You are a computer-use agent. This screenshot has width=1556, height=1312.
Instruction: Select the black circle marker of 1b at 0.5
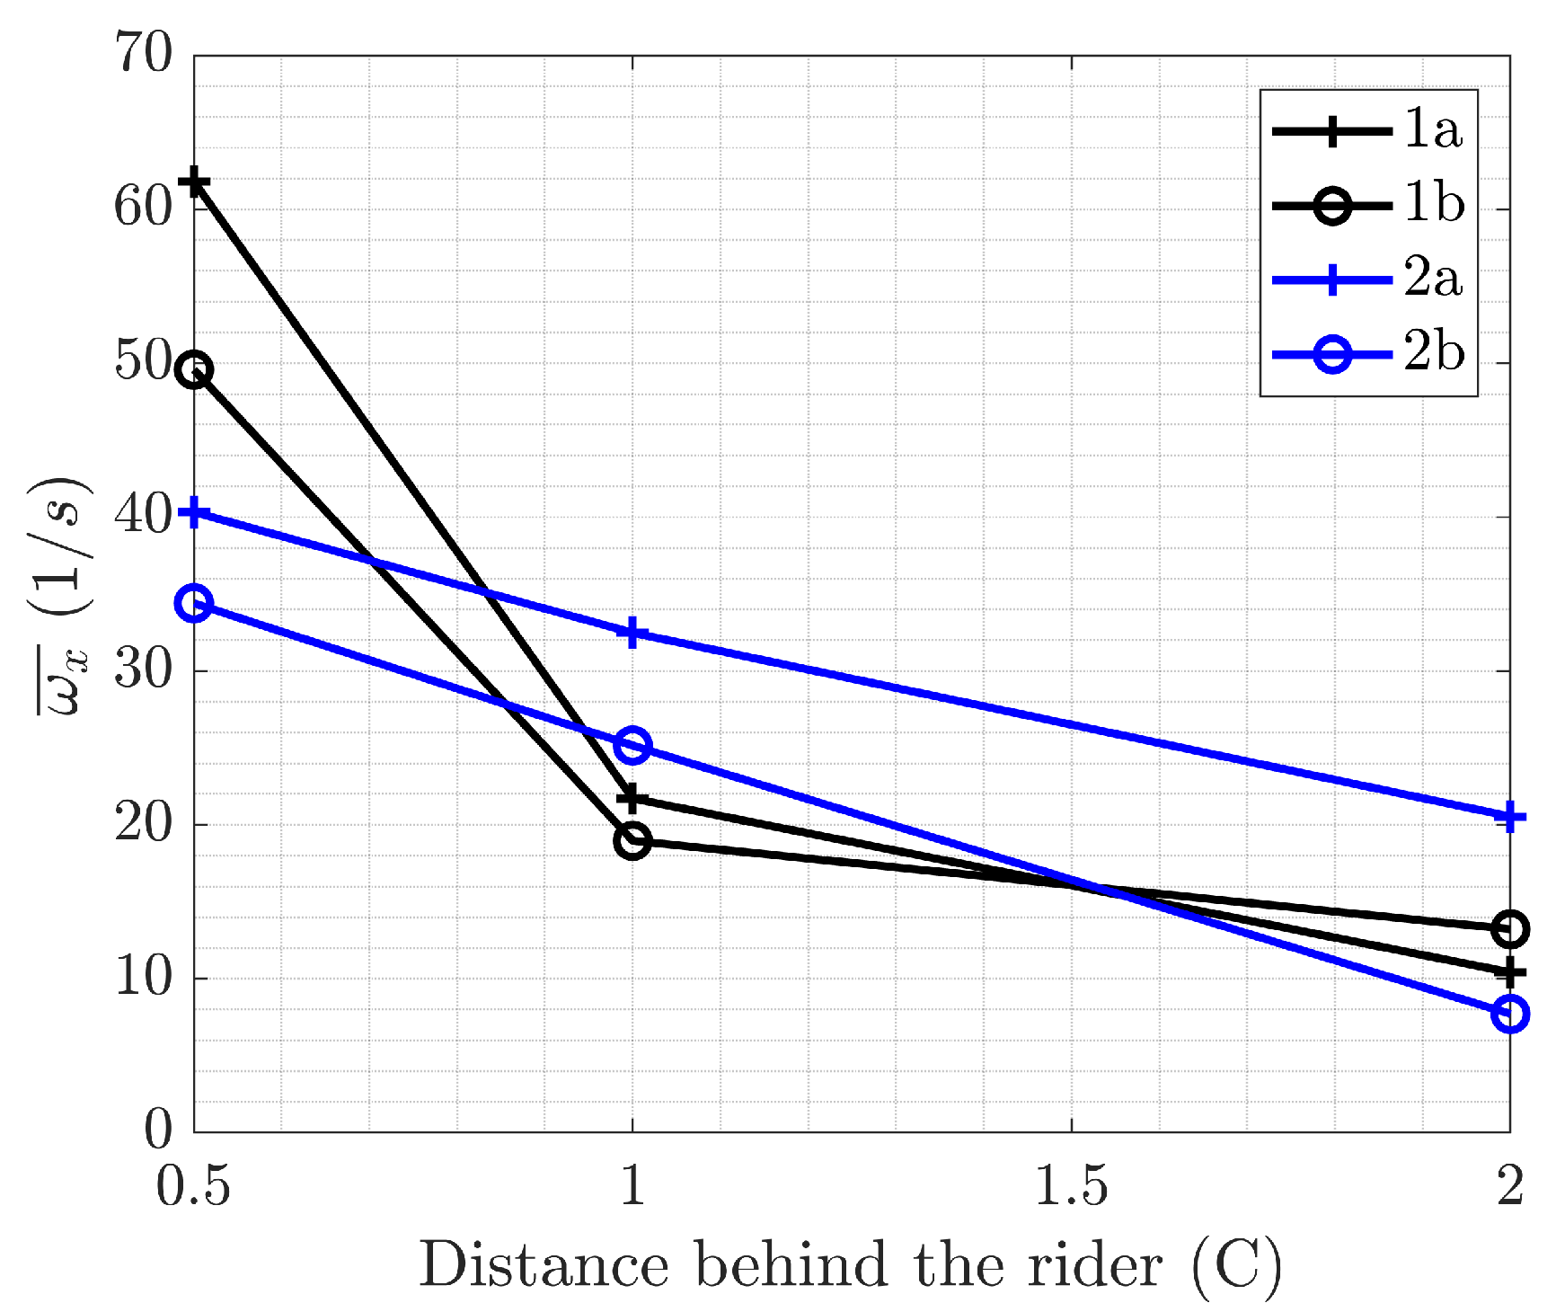click(194, 370)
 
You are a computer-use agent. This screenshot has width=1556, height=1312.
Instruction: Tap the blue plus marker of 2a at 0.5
click(194, 513)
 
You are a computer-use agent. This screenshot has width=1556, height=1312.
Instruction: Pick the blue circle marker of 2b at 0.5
click(194, 603)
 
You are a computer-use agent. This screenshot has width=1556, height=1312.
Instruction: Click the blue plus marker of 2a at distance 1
click(632, 633)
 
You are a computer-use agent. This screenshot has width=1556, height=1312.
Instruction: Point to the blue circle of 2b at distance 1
click(632, 745)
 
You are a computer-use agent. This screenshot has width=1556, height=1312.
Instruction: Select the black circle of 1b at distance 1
click(632, 841)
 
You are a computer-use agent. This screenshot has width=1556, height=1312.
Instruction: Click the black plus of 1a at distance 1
click(632, 797)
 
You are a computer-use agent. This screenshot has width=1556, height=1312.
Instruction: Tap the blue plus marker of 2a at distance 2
click(1510, 818)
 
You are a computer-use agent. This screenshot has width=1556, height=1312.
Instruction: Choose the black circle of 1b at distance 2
click(1510, 929)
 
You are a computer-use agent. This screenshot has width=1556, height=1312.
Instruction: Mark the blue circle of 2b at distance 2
click(1510, 1014)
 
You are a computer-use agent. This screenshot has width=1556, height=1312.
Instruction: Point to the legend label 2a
click(1434, 279)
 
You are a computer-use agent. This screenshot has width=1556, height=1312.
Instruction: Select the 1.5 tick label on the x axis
click(1071, 1187)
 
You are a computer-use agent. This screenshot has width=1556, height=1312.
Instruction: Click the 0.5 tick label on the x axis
click(193, 1187)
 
